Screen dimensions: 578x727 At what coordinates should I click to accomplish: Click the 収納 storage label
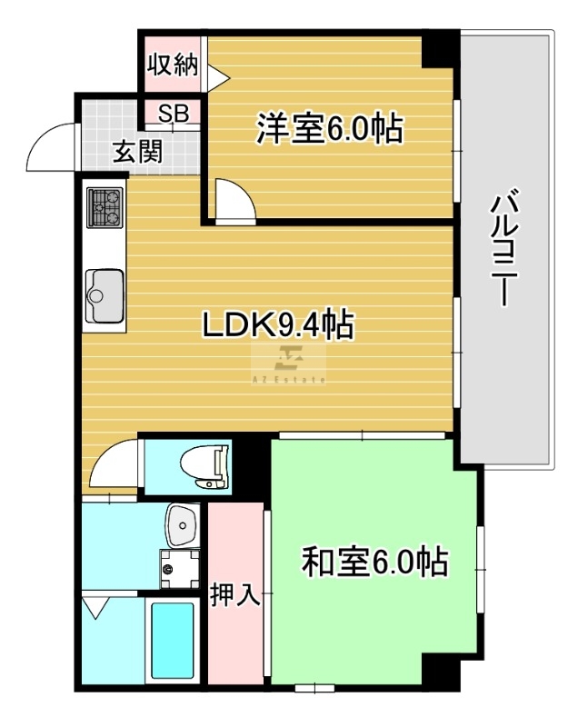click(x=173, y=65)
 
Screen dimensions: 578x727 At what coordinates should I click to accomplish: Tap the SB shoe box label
click(x=174, y=113)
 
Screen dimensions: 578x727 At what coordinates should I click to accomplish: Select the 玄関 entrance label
click(x=138, y=151)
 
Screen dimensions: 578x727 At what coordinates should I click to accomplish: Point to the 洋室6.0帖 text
click(x=330, y=128)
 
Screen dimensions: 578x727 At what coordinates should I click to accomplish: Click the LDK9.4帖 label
click(x=279, y=324)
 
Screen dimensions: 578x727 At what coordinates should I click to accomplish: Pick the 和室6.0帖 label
click(x=374, y=562)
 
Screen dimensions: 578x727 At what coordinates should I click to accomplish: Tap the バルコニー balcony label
click(x=504, y=247)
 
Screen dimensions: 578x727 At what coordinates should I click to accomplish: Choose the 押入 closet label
click(x=235, y=594)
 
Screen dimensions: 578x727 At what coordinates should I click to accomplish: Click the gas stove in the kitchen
click(x=105, y=207)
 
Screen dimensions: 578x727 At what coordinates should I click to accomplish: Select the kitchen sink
click(x=105, y=296)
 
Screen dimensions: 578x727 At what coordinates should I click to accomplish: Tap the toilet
click(x=204, y=467)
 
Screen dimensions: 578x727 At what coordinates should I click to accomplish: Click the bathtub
click(x=172, y=641)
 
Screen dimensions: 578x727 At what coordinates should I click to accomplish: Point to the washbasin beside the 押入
click(x=183, y=526)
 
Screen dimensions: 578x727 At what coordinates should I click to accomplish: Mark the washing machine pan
click(x=179, y=569)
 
